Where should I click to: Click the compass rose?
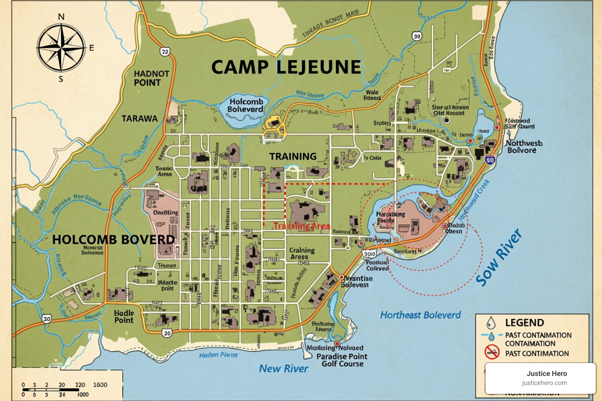click(61, 48)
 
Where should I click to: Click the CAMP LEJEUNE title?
click(286, 67)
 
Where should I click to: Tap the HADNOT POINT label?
click(151, 78)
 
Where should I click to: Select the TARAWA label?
click(140, 119)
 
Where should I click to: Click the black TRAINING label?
click(292, 156)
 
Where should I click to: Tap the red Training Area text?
click(301, 226)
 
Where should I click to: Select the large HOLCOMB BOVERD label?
click(113, 239)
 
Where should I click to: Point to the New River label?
click(283, 368)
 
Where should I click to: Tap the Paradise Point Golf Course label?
click(342, 360)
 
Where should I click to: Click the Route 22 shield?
click(165, 52)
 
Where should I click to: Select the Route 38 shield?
click(417, 36)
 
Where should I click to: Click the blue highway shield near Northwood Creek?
click(490, 159)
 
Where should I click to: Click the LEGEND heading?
click(524, 323)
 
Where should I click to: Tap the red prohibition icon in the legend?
click(491, 352)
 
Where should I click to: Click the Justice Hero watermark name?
click(546, 373)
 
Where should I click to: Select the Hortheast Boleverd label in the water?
click(420, 315)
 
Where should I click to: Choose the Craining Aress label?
click(301, 253)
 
